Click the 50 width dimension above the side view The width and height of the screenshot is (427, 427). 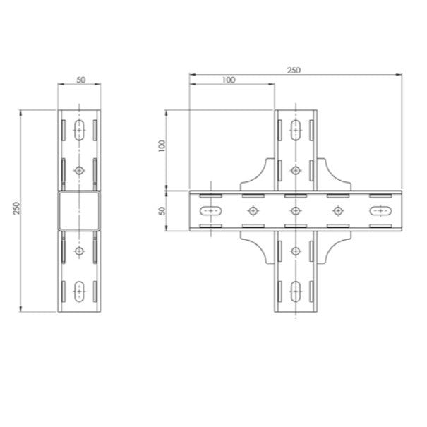(x=80, y=80)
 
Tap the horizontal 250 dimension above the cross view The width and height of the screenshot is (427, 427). (x=294, y=70)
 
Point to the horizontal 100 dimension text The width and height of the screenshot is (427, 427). (x=228, y=80)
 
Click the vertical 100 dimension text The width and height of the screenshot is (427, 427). (x=161, y=146)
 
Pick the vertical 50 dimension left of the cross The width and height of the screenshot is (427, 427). (x=161, y=210)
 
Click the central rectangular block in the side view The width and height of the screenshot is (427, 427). (x=79, y=210)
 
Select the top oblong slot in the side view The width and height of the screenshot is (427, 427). (x=79, y=129)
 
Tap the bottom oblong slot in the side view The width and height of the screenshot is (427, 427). (x=79, y=289)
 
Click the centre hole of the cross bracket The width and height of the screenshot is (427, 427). (x=295, y=210)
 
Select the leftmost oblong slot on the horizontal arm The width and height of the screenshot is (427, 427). (x=210, y=210)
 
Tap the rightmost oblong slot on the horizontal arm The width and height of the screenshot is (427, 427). (x=380, y=210)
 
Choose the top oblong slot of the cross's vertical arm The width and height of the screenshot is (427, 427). (x=295, y=129)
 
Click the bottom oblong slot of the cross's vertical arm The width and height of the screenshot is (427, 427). (x=295, y=289)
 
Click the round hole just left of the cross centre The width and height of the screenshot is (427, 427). (x=253, y=210)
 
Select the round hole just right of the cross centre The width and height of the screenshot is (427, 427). (x=337, y=210)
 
